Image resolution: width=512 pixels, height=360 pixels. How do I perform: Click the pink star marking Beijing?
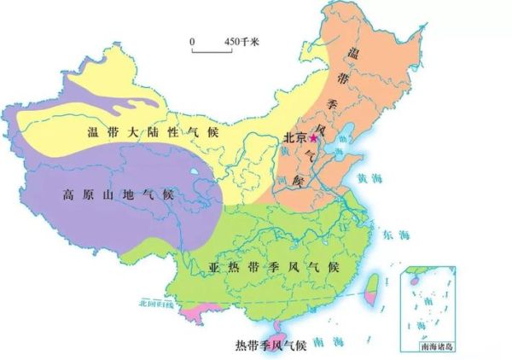(x=313, y=136)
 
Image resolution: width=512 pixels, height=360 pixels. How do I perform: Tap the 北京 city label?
(x=294, y=137)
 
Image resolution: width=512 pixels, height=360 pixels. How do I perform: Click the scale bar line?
(x=207, y=52)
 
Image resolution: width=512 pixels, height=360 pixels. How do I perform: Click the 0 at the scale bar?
(x=193, y=41)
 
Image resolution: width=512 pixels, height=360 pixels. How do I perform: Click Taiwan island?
(x=374, y=291)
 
